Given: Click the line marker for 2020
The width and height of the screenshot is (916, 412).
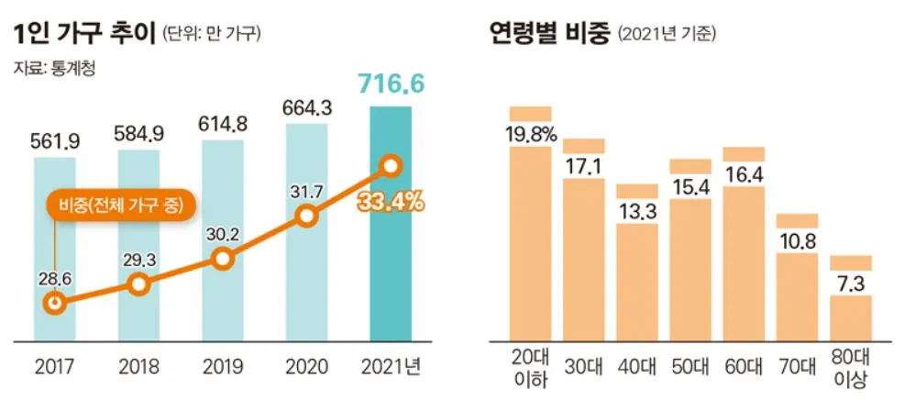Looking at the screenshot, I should click(307, 217).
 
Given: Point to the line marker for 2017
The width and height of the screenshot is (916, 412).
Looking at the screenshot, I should click(55, 302).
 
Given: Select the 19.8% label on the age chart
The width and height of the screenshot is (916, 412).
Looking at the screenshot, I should click(530, 134).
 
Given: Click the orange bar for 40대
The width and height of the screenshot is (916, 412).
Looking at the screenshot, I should click(636, 280).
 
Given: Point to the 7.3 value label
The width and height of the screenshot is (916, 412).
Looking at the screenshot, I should click(850, 283).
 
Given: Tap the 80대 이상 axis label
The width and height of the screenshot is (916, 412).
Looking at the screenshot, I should click(850, 368).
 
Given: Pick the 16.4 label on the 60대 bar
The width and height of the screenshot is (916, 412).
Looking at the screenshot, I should click(744, 173).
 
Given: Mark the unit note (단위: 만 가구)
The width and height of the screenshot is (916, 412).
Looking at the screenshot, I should click(211, 36).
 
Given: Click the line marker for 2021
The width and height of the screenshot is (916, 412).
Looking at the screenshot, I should click(391, 166).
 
